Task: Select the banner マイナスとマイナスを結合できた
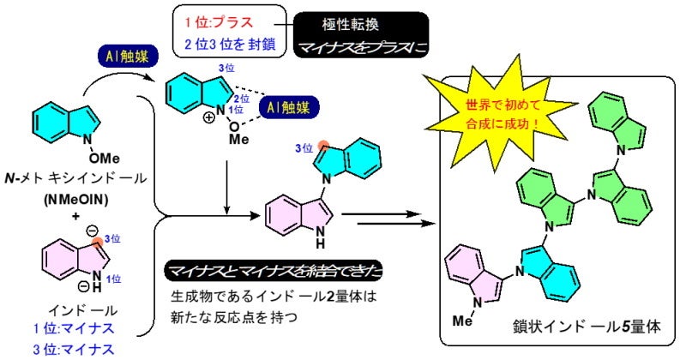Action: pyautogui.click(x=274, y=272)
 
